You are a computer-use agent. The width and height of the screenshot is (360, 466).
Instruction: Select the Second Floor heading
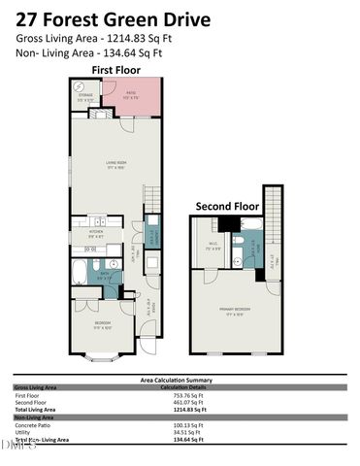click(228, 207)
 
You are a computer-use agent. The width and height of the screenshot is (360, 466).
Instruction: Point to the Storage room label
click(84, 96)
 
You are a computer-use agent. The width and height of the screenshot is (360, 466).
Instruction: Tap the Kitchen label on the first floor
click(95, 233)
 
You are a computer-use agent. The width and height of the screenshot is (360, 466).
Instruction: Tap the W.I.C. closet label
click(213, 247)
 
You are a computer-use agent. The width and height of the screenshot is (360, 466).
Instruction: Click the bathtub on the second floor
click(248, 226)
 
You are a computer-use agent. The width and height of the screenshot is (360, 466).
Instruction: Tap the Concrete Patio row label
click(34, 426)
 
